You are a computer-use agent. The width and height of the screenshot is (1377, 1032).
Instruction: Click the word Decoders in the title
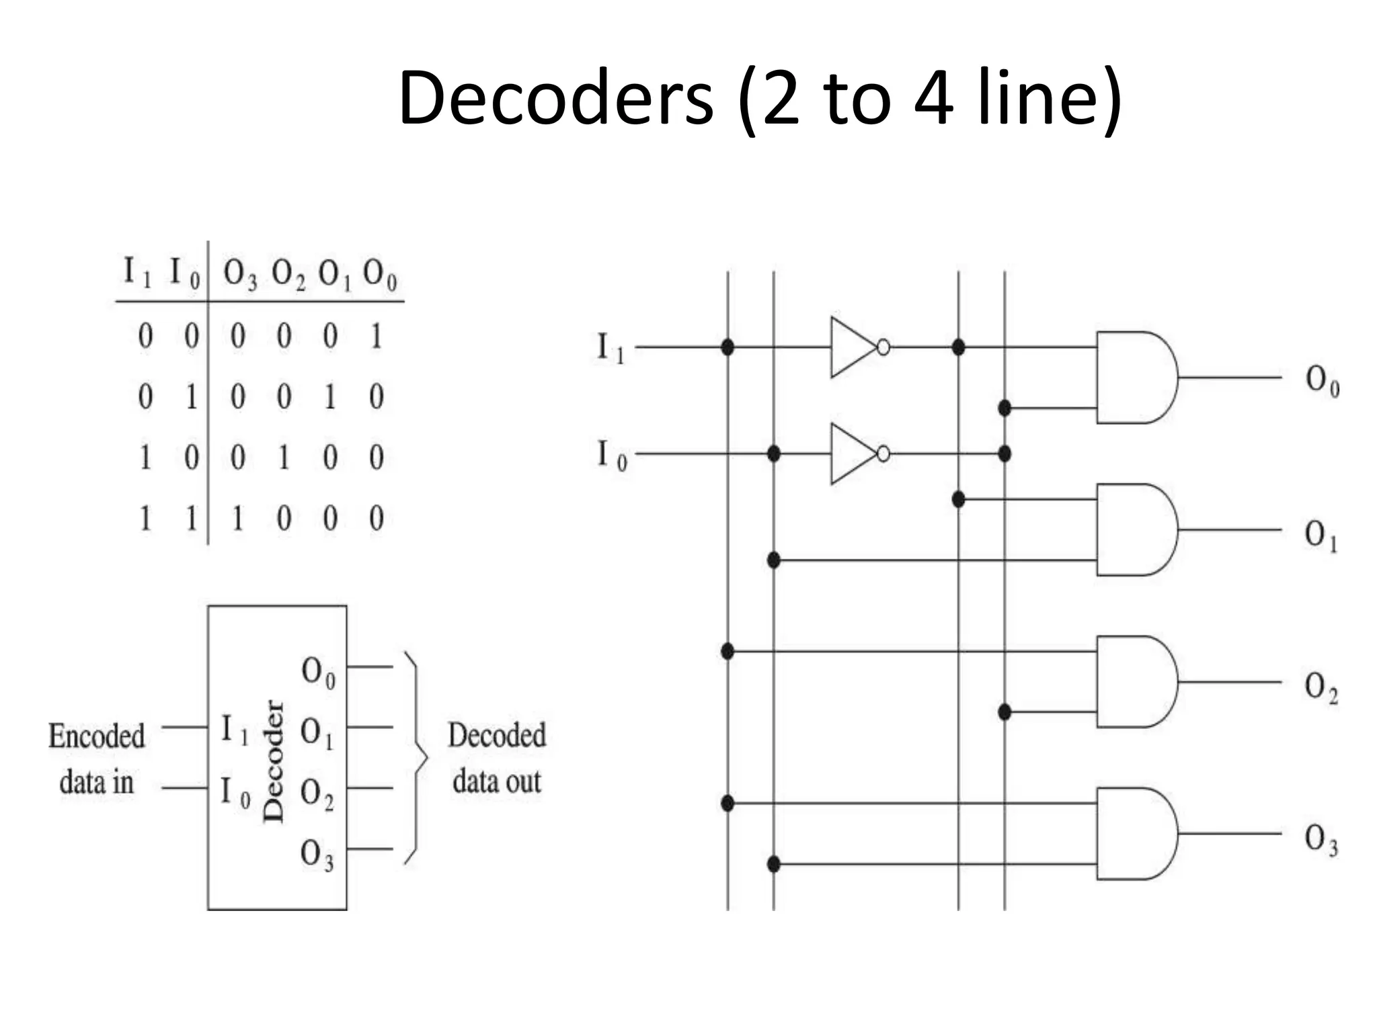(x=555, y=99)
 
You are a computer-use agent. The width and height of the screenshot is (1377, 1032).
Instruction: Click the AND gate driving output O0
(x=1135, y=378)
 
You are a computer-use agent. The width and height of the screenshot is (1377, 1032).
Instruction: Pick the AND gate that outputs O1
(x=1135, y=529)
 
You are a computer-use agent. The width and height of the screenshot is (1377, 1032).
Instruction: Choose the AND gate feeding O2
(x=1135, y=682)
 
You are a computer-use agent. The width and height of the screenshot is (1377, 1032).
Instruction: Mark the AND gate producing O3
(x=1135, y=834)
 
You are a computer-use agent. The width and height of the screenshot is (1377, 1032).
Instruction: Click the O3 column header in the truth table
(x=239, y=275)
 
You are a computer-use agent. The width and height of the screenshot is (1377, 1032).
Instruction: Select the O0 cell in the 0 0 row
(x=376, y=336)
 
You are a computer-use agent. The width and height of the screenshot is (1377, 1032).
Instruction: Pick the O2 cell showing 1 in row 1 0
(x=284, y=458)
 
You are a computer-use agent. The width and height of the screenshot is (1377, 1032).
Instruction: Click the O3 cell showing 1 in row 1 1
(x=237, y=519)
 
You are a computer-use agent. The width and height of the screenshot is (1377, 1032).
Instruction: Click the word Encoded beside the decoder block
(x=96, y=736)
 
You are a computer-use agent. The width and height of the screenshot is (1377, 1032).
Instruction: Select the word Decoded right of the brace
(x=496, y=735)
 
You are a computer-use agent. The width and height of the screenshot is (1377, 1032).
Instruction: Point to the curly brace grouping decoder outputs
(x=416, y=757)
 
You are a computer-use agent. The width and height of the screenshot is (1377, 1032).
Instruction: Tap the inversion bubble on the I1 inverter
(x=883, y=347)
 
